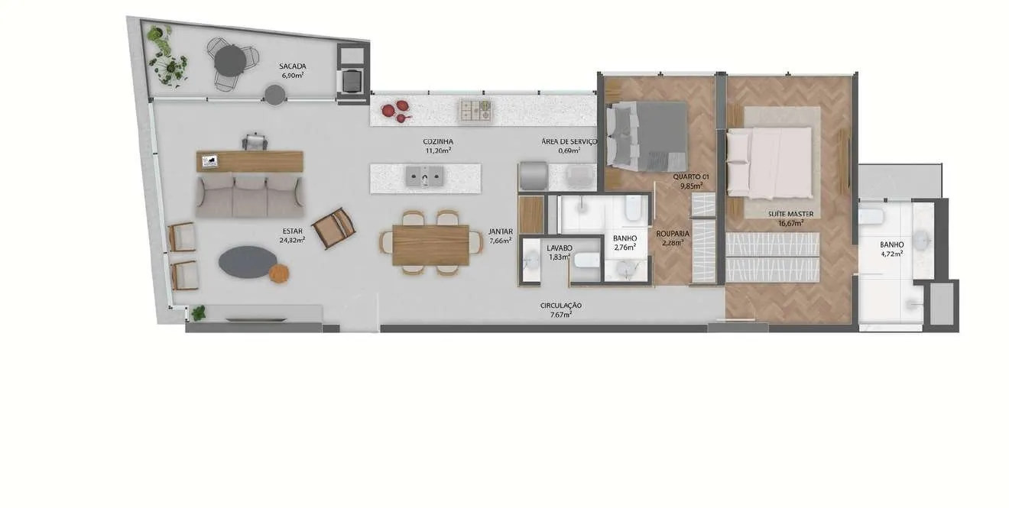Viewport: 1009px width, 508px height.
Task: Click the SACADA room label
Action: click(x=292, y=66)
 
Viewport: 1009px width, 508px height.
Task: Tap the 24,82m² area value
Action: click(x=292, y=240)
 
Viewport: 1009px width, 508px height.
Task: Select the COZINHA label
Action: click(x=438, y=142)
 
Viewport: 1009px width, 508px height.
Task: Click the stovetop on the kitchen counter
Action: click(x=475, y=111)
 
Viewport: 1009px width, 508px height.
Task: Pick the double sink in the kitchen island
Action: click(x=425, y=176)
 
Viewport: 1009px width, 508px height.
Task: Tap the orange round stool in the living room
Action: click(x=279, y=273)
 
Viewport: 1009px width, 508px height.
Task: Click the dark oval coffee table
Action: click(x=248, y=262)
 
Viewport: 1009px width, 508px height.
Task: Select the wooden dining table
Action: click(x=430, y=245)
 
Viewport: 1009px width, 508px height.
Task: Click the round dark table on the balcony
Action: click(x=230, y=60)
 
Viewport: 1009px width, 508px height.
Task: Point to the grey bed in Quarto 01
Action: click(x=647, y=136)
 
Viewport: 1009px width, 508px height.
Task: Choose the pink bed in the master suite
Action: click(x=769, y=163)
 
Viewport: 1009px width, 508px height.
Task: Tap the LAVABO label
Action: click(x=560, y=248)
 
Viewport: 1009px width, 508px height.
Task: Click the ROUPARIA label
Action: click(x=673, y=235)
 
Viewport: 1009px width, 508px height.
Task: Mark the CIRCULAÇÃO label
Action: click(x=561, y=306)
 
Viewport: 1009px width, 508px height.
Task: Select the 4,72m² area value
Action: click(x=892, y=254)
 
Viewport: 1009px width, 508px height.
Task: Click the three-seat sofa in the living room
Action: click(x=249, y=196)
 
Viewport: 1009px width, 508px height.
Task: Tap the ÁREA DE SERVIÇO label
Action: click(x=569, y=141)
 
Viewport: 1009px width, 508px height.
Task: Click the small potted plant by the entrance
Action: click(x=198, y=312)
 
